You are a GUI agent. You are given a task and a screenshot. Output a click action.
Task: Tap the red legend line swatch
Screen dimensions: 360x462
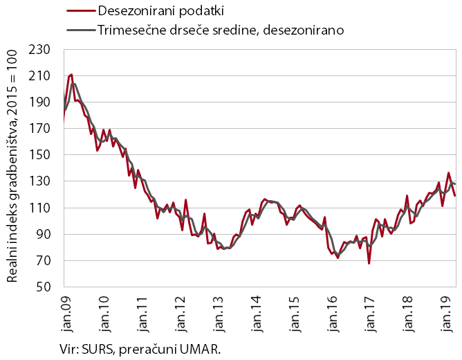click(80, 12)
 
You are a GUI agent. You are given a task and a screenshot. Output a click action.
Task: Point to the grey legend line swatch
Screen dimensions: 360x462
click(80, 30)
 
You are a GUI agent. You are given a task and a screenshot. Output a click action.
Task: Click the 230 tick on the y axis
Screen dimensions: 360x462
click(43, 50)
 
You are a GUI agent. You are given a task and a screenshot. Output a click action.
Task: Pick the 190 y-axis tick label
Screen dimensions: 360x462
click(43, 102)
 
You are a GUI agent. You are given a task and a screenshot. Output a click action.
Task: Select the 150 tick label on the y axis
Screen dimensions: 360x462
click(43, 155)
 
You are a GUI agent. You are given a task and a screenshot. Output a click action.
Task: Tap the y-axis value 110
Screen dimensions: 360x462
click(43, 208)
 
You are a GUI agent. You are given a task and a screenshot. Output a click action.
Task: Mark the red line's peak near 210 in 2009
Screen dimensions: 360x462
click(71, 74)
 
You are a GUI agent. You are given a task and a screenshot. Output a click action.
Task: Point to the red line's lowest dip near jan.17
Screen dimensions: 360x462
click(369, 263)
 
